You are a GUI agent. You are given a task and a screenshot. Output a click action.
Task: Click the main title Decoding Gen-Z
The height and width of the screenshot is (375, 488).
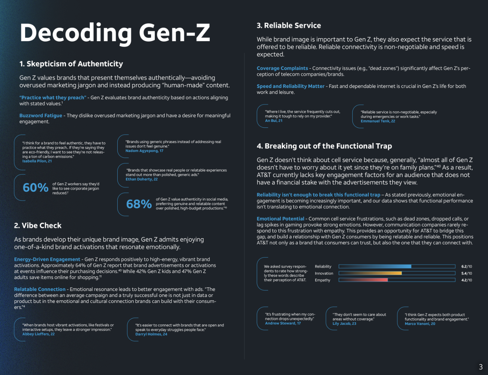(x=115, y=33)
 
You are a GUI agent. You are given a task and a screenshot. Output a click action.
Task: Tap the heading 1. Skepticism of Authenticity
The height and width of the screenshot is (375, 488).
(x=71, y=64)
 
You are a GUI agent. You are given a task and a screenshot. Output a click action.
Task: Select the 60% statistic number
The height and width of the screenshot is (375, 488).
(x=35, y=187)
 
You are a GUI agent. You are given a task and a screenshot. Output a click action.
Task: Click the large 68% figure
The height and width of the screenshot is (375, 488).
(x=139, y=204)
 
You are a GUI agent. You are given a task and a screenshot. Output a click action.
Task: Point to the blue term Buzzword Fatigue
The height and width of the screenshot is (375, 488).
(x=40, y=115)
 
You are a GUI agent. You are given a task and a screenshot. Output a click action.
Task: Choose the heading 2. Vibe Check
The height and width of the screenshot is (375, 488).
(x=38, y=225)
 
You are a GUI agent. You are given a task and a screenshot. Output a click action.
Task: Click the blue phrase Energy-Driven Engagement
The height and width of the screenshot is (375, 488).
(x=47, y=259)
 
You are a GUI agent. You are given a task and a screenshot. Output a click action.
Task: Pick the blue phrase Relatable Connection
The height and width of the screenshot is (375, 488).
(x=40, y=289)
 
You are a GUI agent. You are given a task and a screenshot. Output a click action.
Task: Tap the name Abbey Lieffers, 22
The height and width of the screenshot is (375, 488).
(x=38, y=334)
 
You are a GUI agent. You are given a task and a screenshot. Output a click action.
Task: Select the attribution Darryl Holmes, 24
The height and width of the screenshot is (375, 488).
(x=151, y=334)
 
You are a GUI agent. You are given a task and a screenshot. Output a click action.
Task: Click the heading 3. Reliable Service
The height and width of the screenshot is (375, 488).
(x=289, y=25)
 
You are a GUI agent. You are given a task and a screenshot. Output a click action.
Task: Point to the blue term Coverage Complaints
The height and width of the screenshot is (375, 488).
(x=282, y=68)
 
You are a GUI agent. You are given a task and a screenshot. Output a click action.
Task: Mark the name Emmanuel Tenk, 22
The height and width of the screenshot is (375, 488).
(x=378, y=121)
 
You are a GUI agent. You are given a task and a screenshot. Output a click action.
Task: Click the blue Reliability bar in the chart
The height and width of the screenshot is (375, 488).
(x=375, y=266)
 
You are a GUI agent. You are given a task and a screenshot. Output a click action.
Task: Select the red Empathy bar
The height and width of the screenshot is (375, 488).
(x=363, y=280)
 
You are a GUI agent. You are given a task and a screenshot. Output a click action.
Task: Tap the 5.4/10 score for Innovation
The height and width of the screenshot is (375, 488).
(x=466, y=273)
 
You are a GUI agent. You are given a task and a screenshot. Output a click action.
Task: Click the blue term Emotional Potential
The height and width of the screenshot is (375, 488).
(x=280, y=219)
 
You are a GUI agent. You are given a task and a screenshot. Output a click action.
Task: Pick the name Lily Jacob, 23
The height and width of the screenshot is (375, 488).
(x=344, y=323)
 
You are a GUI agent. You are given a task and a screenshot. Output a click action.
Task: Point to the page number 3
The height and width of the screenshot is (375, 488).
(x=480, y=367)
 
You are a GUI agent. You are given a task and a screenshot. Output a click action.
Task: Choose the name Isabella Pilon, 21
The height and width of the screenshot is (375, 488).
(x=37, y=161)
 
